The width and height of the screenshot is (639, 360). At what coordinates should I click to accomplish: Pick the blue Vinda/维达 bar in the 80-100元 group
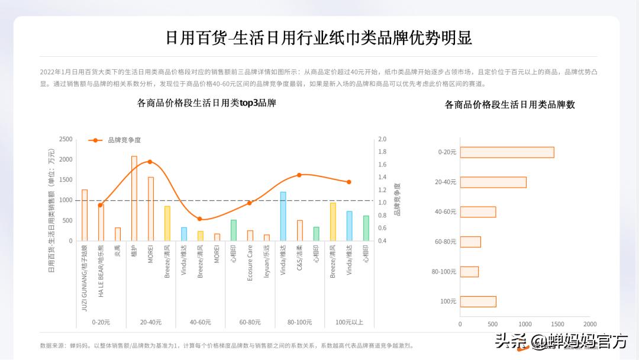point(283,216)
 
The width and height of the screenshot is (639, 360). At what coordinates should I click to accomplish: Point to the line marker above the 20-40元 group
point(150,162)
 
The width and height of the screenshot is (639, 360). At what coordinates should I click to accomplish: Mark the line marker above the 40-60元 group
point(200,219)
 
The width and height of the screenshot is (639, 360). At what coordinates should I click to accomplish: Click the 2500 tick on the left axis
point(66,139)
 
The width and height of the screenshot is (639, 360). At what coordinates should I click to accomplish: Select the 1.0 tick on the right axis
point(382,202)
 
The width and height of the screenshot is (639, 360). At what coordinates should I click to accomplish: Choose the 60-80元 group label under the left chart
point(250,322)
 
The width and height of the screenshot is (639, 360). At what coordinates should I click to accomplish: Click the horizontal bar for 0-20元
point(507,152)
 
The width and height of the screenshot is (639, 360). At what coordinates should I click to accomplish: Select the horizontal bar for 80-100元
point(469,272)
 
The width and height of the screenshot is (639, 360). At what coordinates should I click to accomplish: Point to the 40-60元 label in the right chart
point(446,212)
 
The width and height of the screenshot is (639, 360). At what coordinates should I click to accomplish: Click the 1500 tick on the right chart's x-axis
point(557,324)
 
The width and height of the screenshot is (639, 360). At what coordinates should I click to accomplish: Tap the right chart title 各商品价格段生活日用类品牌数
point(510,105)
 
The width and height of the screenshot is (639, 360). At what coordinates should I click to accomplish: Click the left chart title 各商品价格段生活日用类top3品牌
point(206,103)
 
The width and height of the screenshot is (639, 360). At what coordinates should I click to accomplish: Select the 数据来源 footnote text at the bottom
point(227,346)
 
